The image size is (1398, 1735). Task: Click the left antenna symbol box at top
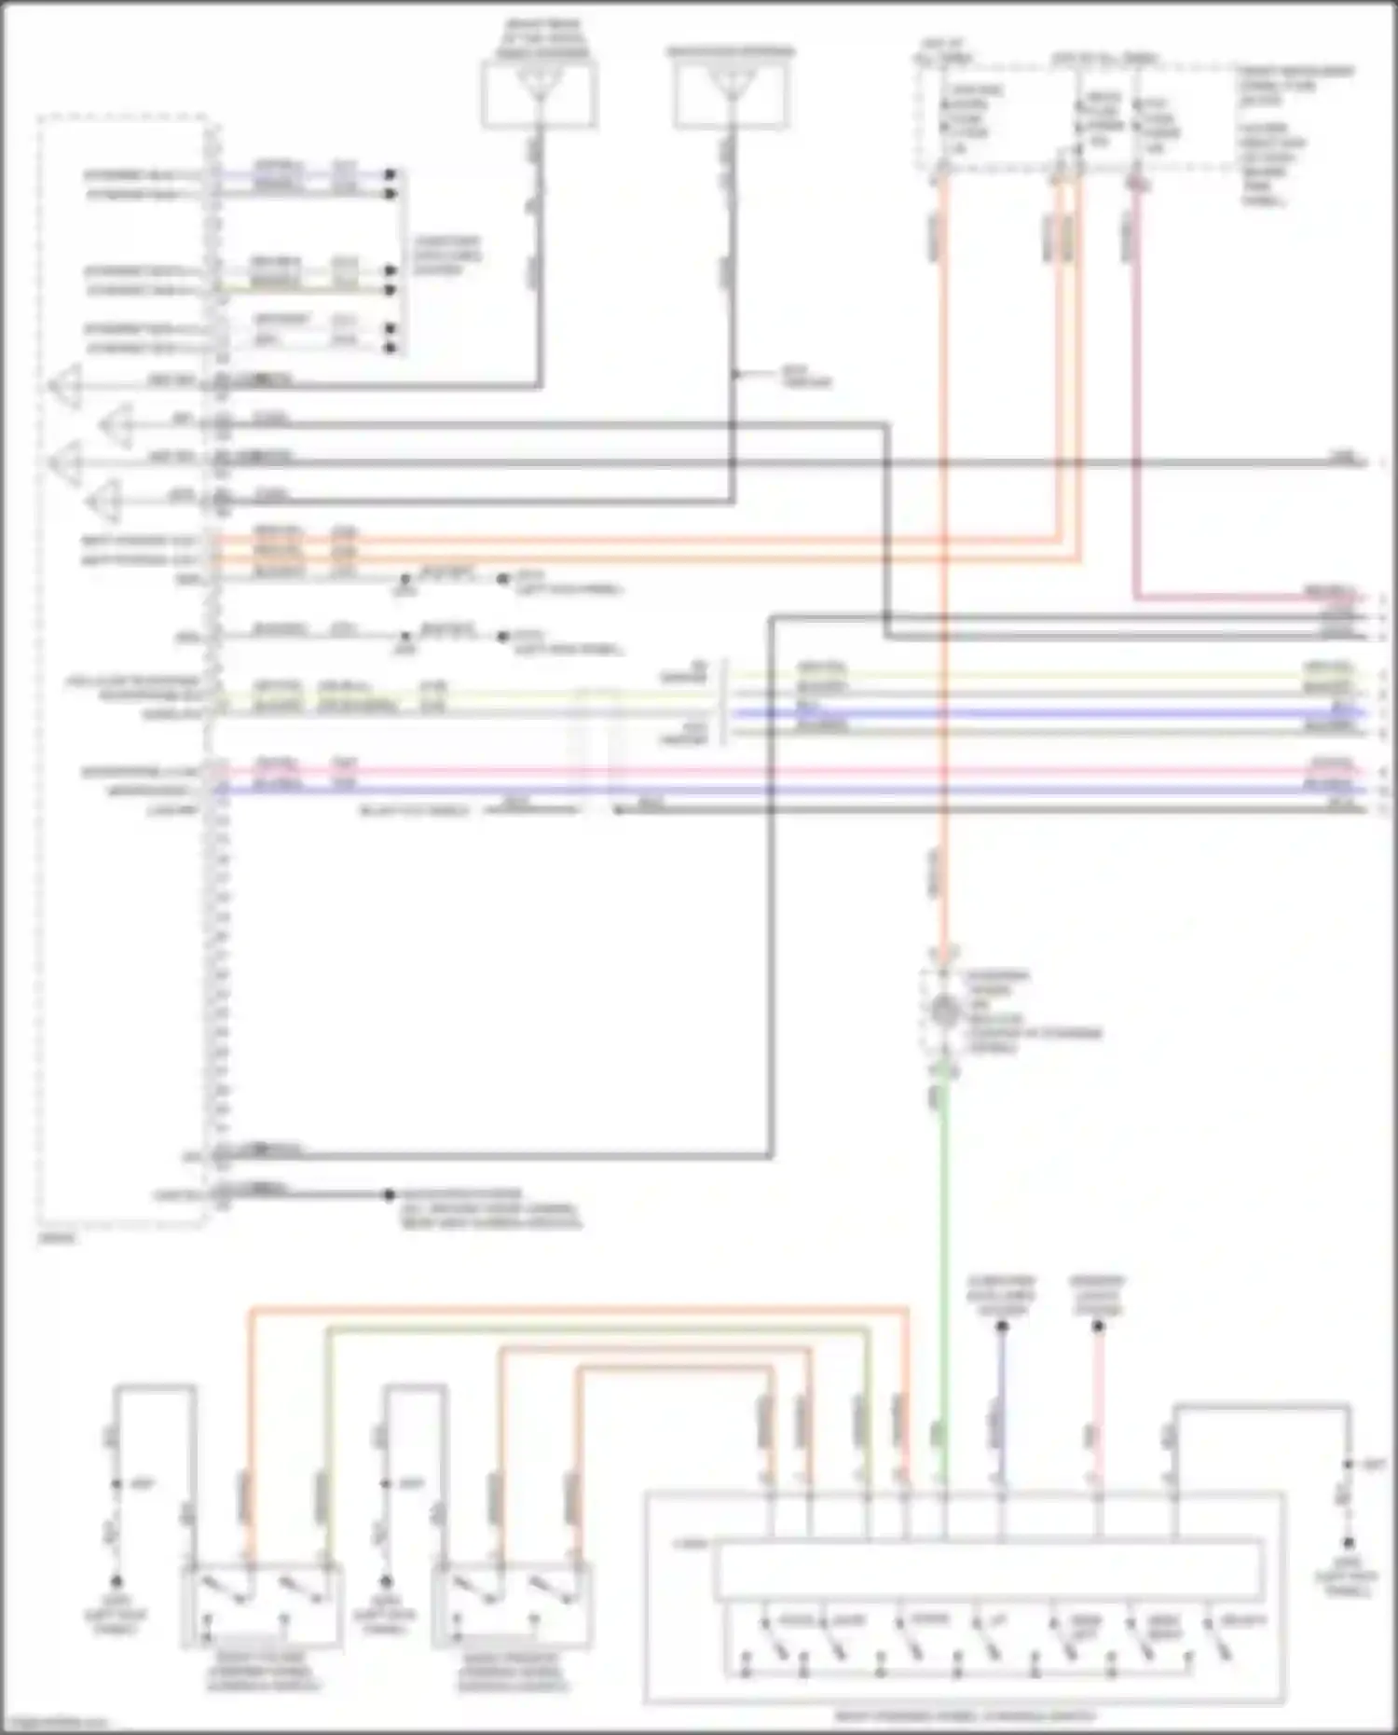pos(540,93)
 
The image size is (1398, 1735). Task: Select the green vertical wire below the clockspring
pos(943,1259)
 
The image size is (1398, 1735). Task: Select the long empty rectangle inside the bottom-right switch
pos(988,1571)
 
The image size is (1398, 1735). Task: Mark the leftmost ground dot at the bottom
pos(116,1582)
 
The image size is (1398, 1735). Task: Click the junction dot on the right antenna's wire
pos(735,375)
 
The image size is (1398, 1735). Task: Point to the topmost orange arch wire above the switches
pos(578,1311)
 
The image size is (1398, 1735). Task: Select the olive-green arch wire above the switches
pos(596,1330)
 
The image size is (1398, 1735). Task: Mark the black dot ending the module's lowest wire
pos(389,1194)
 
